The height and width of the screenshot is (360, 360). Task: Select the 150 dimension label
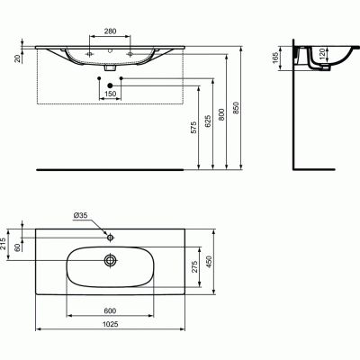click(x=112, y=94)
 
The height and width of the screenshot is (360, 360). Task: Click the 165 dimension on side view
click(x=279, y=61)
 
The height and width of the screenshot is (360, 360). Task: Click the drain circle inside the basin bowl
click(x=111, y=260)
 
